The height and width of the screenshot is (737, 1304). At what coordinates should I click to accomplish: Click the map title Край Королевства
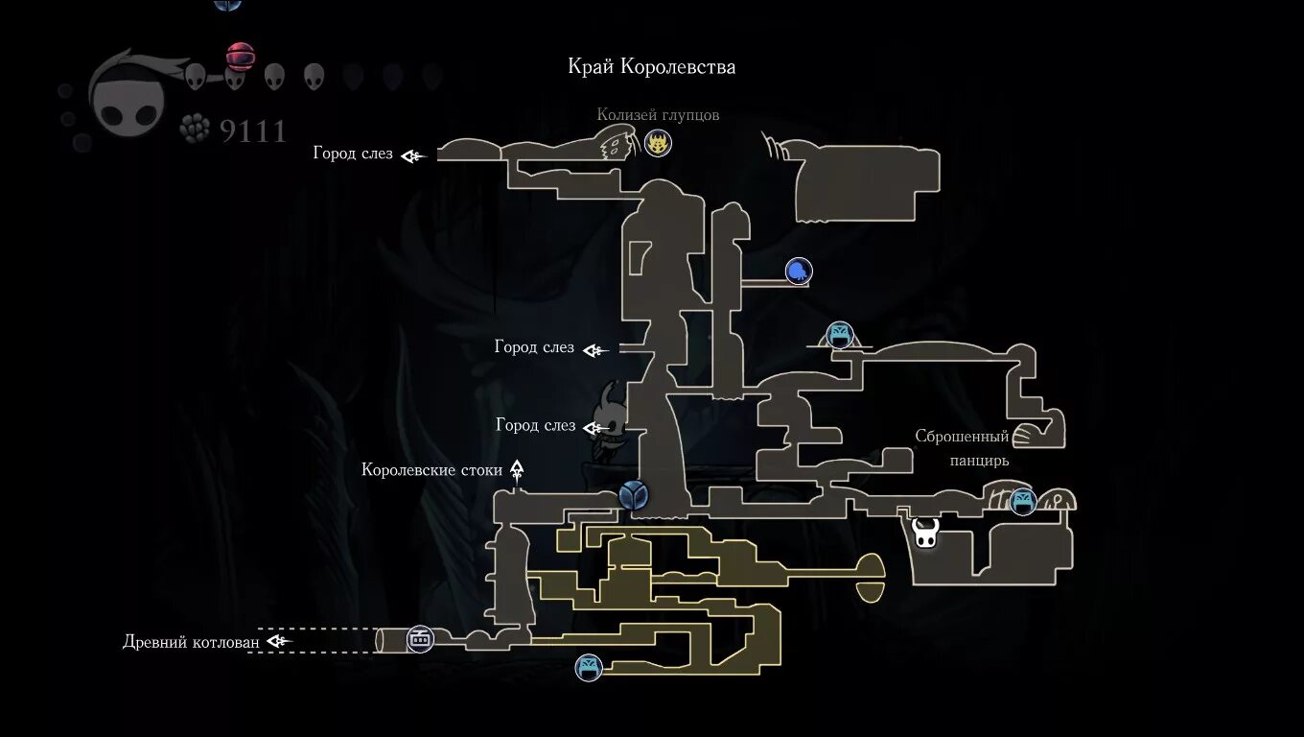tap(652, 67)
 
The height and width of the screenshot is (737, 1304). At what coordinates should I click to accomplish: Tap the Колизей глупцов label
tap(658, 115)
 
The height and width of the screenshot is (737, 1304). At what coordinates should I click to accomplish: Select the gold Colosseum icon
tap(658, 144)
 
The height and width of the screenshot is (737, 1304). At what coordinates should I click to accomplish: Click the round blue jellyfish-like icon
tap(798, 272)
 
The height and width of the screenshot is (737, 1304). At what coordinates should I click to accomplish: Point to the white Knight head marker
tap(925, 533)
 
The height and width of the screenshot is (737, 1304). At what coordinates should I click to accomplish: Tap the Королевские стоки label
tap(432, 470)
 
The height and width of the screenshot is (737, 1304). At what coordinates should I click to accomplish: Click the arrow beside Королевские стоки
tap(517, 470)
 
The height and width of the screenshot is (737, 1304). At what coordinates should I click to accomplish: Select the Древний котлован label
tap(192, 641)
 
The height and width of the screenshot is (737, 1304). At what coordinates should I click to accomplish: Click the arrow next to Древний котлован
tap(278, 641)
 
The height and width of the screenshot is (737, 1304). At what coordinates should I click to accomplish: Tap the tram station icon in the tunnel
tap(419, 638)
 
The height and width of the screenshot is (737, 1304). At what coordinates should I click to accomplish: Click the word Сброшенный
tap(962, 438)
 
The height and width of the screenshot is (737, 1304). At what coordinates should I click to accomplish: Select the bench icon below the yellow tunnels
tap(589, 667)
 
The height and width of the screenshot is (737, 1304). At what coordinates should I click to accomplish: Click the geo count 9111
tap(253, 131)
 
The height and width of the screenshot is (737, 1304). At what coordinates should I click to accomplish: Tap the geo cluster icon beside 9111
tap(196, 128)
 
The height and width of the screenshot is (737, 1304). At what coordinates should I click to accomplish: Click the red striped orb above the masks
tap(240, 56)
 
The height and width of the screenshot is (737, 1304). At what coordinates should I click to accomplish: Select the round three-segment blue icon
tap(633, 495)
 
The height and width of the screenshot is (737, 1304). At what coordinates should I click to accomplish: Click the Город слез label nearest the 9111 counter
tap(353, 154)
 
